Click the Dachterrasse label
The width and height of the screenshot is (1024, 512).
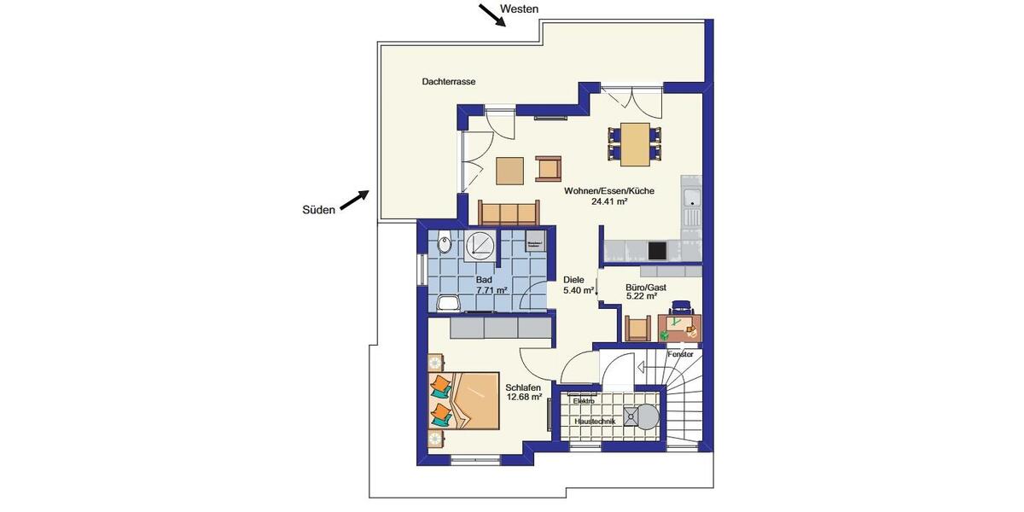point(448,82)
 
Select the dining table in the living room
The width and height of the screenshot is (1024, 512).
point(634,144)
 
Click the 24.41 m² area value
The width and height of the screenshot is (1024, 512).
point(608,202)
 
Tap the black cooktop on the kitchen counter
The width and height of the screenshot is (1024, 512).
point(658,250)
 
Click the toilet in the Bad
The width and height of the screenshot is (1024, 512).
point(444,246)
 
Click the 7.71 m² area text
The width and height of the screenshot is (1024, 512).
point(492,291)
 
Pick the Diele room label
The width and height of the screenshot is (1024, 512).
point(573,280)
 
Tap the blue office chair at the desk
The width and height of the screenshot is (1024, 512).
point(680,306)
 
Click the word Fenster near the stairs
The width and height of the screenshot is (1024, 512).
point(680,353)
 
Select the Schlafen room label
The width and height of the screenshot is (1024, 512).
point(524,387)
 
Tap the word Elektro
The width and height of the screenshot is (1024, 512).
point(584,400)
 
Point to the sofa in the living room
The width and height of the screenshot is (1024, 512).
point(509,212)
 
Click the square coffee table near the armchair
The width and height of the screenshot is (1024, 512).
point(510,171)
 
